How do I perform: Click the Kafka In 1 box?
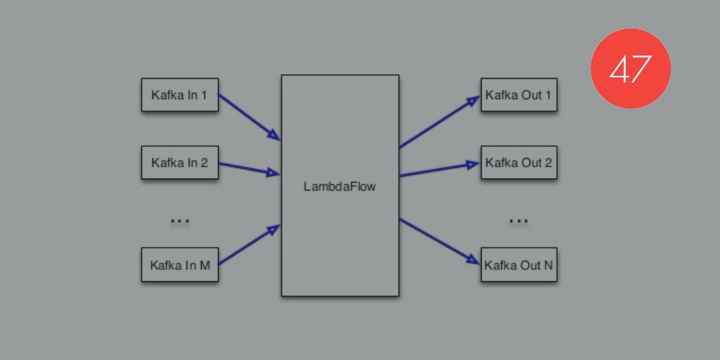(179, 95)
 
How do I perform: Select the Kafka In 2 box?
(179, 163)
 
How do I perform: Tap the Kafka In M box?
(179, 265)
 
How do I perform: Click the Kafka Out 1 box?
(519, 95)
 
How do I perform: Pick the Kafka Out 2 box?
(519, 163)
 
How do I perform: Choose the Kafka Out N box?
(519, 266)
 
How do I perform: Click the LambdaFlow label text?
(340, 187)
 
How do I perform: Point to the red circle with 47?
(631, 68)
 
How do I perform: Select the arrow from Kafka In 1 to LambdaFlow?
(249, 117)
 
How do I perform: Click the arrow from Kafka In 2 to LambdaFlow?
(249, 169)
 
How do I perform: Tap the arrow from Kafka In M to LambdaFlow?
(249, 245)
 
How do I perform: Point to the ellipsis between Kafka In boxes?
(180, 221)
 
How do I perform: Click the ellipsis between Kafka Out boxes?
(518, 221)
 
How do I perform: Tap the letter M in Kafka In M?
(205, 266)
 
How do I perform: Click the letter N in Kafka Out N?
(548, 266)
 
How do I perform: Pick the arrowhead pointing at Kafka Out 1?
(475, 101)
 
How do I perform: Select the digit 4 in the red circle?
(619, 69)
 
